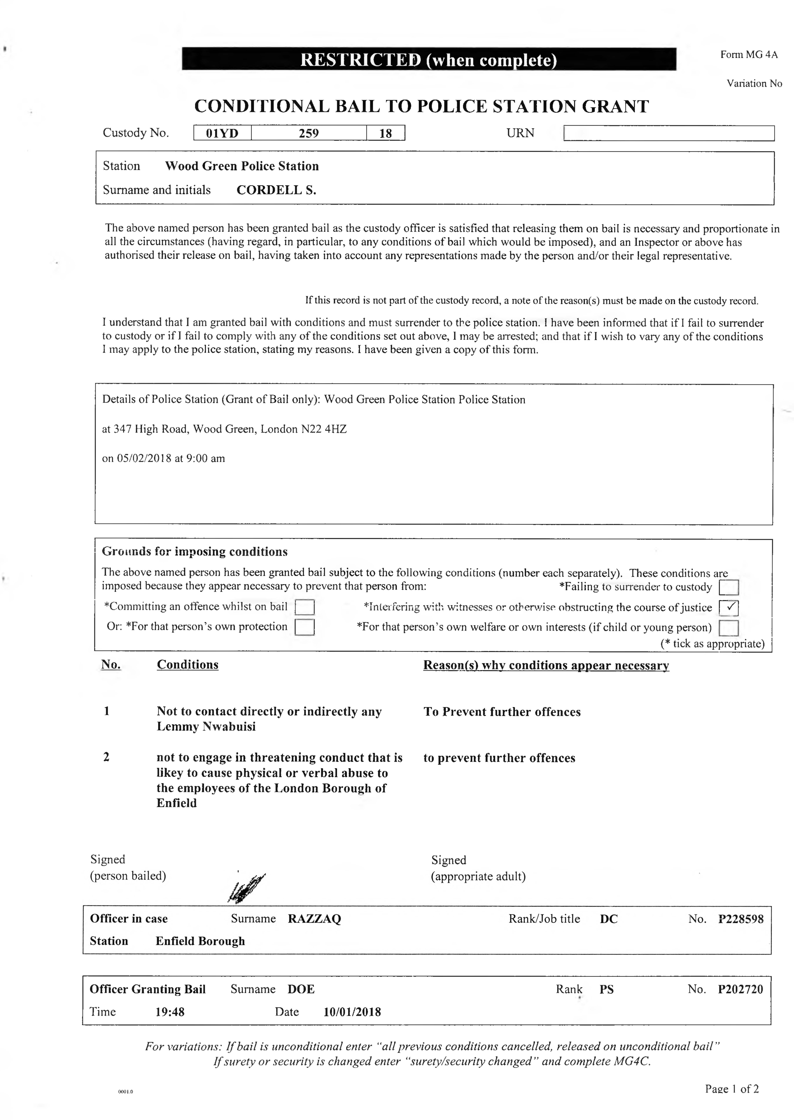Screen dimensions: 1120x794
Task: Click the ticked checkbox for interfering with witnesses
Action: pyautogui.click(x=728, y=607)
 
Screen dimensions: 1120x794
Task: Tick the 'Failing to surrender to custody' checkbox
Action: pyautogui.click(x=728, y=587)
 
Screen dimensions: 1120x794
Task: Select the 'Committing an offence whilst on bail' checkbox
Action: pyautogui.click(x=305, y=607)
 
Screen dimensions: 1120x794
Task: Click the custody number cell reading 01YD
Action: pyautogui.click(x=222, y=133)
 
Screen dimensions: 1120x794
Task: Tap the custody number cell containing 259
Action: pyautogui.click(x=309, y=133)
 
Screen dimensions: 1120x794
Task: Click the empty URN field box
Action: pyautogui.click(x=669, y=133)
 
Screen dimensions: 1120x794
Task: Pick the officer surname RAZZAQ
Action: pyautogui.click(x=314, y=918)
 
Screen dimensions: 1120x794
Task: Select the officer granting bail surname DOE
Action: pyautogui.click(x=301, y=989)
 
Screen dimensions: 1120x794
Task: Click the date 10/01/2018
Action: pyautogui.click(x=352, y=1011)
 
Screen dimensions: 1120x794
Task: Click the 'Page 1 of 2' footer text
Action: pyautogui.click(x=731, y=1089)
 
